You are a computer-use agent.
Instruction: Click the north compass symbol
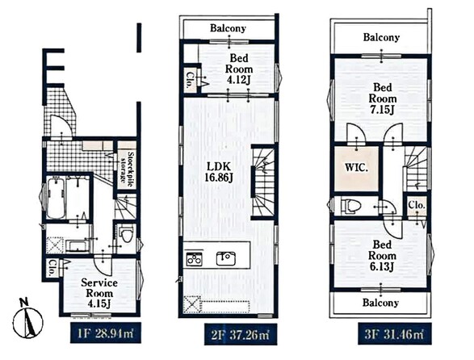tap(27, 319)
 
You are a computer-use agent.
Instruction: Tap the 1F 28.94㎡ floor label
tap(106, 333)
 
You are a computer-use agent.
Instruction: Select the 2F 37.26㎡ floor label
tap(241, 335)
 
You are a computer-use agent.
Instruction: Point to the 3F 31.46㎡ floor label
tap(394, 334)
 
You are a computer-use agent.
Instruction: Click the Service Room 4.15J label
tap(99, 293)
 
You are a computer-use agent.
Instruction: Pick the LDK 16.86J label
tap(219, 171)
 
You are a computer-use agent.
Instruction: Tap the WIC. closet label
tap(357, 167)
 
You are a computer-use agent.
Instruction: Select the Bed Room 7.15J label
tap(383, 98)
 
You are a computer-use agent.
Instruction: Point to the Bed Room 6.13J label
tap(382, 255)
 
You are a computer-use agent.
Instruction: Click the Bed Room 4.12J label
tap(239, 69)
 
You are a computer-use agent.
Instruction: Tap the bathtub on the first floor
tap(56, 198)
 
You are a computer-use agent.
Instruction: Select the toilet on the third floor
tap(351, 206)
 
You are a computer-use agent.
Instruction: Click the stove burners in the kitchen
tap(195, 259)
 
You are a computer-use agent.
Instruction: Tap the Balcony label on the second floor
tap(228, 28)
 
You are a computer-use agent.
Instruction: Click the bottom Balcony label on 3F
tap(380, 302)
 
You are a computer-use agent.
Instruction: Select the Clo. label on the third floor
tap(417, 205)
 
